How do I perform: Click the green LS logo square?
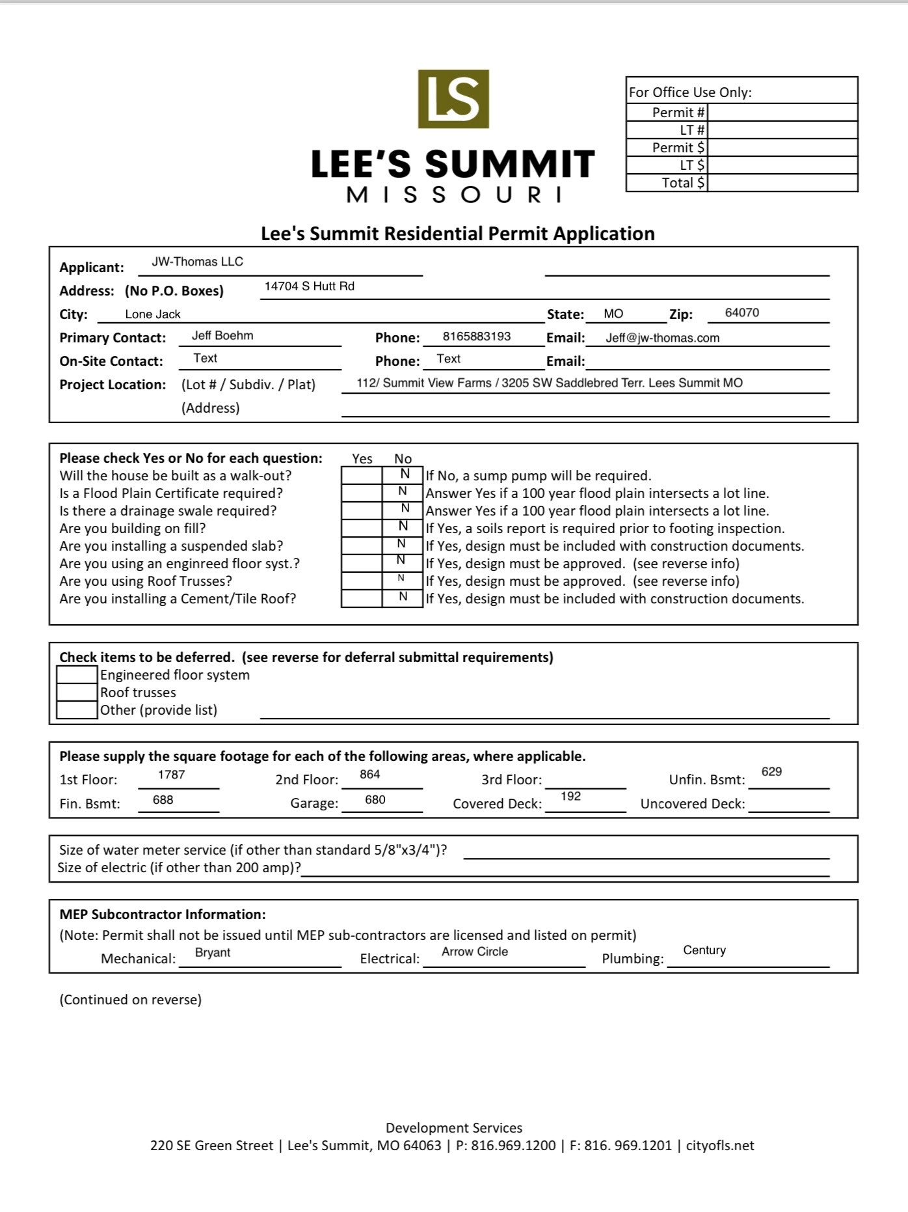coord(453,99)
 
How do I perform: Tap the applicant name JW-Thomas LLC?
coord(197,262)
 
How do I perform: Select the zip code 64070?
coord(741,312)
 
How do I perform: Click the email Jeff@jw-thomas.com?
coord(662,338)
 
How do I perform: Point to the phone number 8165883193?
coord(477,337)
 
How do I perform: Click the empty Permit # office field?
coord(782,112)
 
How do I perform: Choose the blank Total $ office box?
coord(782,183)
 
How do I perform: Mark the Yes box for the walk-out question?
coord(362,476)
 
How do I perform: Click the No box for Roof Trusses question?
coord(402,581)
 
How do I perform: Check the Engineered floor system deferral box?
coord(77,675)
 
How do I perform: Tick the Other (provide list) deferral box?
coord(77,710)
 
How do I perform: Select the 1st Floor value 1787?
coord(172,775)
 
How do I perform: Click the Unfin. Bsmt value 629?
coord(771,772)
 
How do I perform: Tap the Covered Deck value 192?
coord(570,796)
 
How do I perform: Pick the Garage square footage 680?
coord(375,800)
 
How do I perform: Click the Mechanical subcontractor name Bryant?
coord(213,952)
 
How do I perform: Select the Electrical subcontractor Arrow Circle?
coord(475,952)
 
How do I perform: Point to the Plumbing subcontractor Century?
coord(704,950)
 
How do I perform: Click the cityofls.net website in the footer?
coord(720,1146)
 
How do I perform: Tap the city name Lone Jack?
coord(153,314)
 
